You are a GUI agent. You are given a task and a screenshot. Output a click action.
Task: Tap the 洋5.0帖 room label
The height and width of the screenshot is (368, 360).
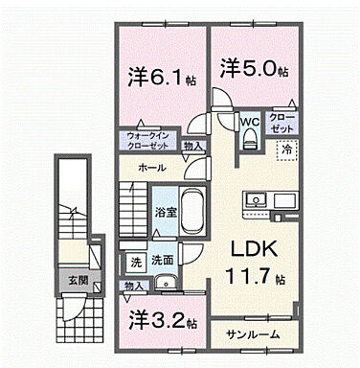click(250, 68)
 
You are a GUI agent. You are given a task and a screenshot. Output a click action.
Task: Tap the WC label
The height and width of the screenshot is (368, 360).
click(249, 122)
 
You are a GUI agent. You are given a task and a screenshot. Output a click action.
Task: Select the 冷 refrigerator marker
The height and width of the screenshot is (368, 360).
click(286, 148)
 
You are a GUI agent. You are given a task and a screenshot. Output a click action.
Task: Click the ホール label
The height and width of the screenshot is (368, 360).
click(151, 168)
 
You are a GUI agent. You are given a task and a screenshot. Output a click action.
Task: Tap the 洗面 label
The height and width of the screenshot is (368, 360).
click(163, 260)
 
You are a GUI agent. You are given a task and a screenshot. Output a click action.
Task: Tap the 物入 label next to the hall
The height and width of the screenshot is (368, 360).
click(192, 147)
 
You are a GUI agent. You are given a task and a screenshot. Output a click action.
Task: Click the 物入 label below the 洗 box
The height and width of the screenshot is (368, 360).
click(134, 285)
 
